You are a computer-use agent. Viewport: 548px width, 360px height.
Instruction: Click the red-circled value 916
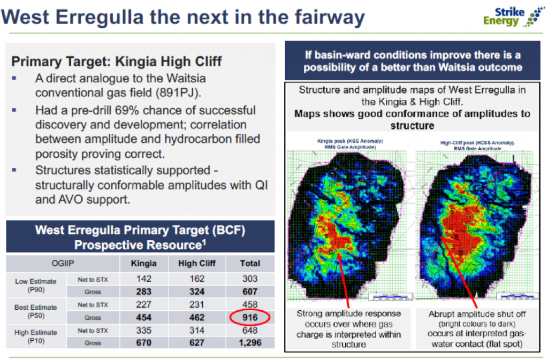[249, 318]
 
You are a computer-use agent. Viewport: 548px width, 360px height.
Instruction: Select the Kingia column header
[144, 263]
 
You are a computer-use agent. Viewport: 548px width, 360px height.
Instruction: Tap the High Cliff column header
[197, 263]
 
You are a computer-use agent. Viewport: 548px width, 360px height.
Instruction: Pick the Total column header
[249, 263]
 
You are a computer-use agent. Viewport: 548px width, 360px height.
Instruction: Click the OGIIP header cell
[63, 263]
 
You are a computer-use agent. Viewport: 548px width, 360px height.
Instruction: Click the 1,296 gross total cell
[249, 343]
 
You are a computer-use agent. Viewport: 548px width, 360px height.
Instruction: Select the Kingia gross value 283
[144, 292]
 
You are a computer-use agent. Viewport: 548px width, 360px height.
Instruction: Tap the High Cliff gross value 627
[197, 343]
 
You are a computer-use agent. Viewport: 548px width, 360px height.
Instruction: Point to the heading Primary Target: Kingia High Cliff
[116, 61]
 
